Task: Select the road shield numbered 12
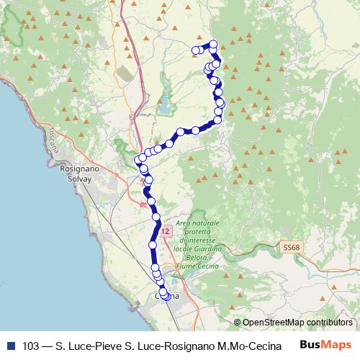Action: [166, 232]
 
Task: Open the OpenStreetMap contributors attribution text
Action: [297, 322]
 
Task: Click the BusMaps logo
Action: [325, 344]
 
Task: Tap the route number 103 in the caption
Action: [31, 345]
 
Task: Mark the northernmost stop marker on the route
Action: [213, 44]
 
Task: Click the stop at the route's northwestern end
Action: [195, 50]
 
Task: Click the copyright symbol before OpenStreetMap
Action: [238, 322]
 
